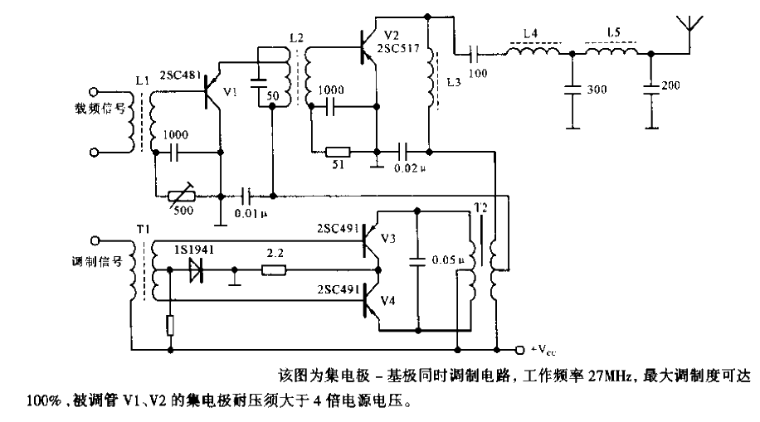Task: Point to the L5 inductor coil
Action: pos(612,53)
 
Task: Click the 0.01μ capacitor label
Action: pos(252,213)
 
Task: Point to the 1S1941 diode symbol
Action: pos(197,269)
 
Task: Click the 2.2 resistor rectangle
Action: pos(274,269)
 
